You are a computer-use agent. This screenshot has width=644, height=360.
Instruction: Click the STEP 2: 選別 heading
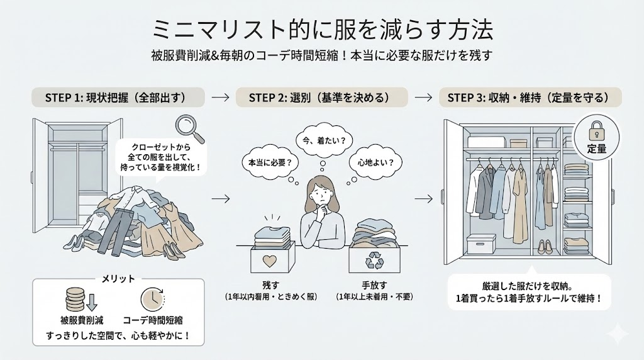pos(322,98)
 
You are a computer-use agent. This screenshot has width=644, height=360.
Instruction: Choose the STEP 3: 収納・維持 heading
pos(528,98)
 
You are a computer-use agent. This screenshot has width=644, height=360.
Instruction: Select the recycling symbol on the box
pos(375,260)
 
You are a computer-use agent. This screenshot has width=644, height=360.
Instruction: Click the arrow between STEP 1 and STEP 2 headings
pos(220,98)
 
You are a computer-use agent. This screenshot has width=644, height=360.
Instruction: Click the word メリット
pos(118,278)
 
